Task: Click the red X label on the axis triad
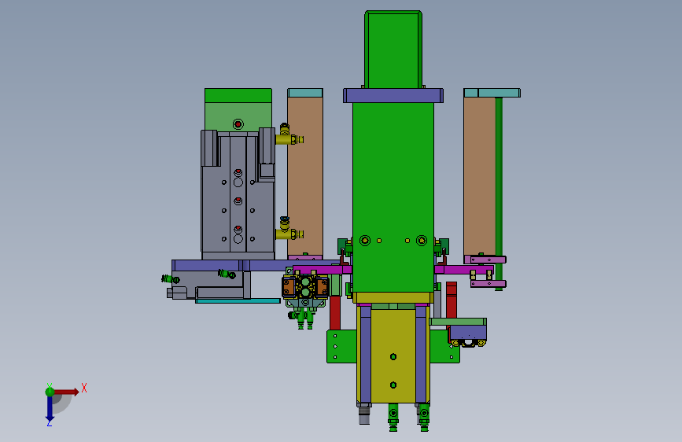(84, 388)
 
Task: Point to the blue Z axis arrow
(50, 408)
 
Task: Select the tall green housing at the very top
(393, 50)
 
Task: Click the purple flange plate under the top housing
(393, 96)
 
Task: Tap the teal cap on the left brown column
(305, 93)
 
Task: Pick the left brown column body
(305, 176)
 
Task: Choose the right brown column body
(479, 176)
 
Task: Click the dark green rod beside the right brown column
(499, 193)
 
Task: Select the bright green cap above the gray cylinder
(238, 96)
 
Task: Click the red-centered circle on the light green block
(238, 124)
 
